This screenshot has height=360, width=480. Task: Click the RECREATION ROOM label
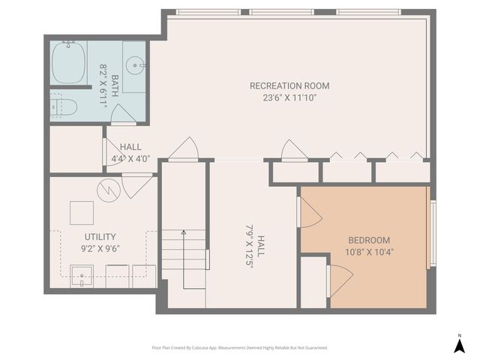(x=289, y=85)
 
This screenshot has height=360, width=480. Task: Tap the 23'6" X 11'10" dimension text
(x=289, y=97)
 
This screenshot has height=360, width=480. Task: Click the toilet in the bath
(x=64, y=106)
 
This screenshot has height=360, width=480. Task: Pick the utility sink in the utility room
(x=82, y=276)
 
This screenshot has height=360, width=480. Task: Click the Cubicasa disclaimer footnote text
(x=240, y=348)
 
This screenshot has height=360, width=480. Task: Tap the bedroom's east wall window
(x=431, y=234)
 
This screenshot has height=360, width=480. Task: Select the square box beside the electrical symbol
(x=82, y=213)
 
